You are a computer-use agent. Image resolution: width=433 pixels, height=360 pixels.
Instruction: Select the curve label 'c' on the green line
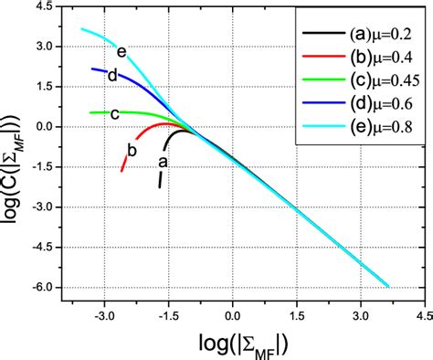coord(115,114)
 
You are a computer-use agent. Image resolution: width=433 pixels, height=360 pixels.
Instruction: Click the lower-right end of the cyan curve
coord(388,285)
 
